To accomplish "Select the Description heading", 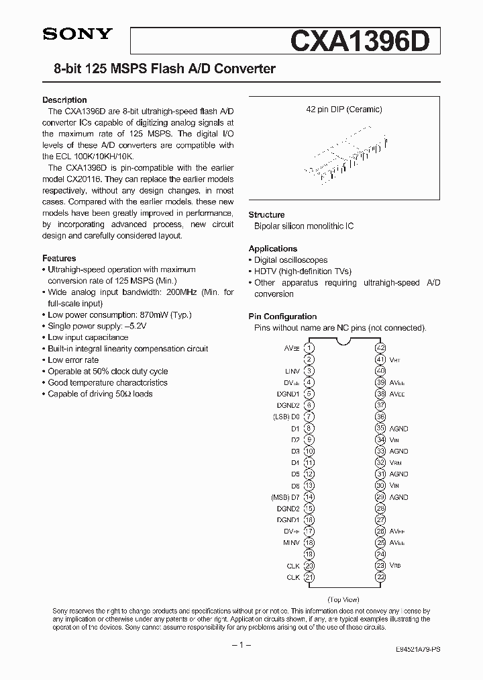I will [64, 100].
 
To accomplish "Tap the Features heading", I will [59, 258].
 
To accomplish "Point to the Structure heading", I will [266, 214].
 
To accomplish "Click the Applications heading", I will [272, 249].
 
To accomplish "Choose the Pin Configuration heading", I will [282, 316].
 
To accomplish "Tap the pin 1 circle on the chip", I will [309, 348].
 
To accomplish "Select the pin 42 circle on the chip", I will [380, 348].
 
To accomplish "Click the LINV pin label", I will [292, 371].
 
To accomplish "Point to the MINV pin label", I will [291, 542].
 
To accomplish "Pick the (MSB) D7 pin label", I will [285, 497].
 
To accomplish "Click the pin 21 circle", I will [309, 577].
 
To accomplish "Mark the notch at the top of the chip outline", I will [345, 345].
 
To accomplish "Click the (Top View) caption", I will [343, 599].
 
